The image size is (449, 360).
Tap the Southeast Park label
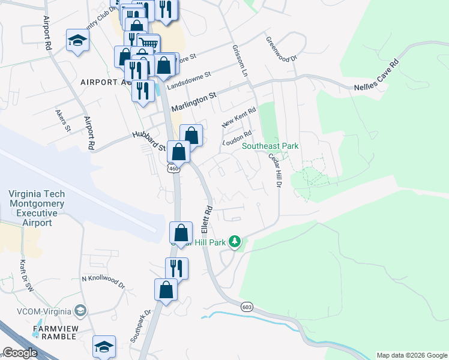(x=270, y=146)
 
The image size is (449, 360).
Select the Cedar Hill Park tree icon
(x=235, y=242)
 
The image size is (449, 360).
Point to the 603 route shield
(x=246, y=307)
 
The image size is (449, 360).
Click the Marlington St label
(x=193, y=102)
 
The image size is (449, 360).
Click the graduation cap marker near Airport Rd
(x=77, y=40)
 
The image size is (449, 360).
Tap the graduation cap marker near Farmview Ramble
(x=104, y=346)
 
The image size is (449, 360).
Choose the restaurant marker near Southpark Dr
(x=176, y=268)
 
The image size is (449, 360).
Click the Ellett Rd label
(x=207, y=220)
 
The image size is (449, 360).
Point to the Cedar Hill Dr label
(x=274, y=170)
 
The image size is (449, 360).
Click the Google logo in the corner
(x=19, y=353)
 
